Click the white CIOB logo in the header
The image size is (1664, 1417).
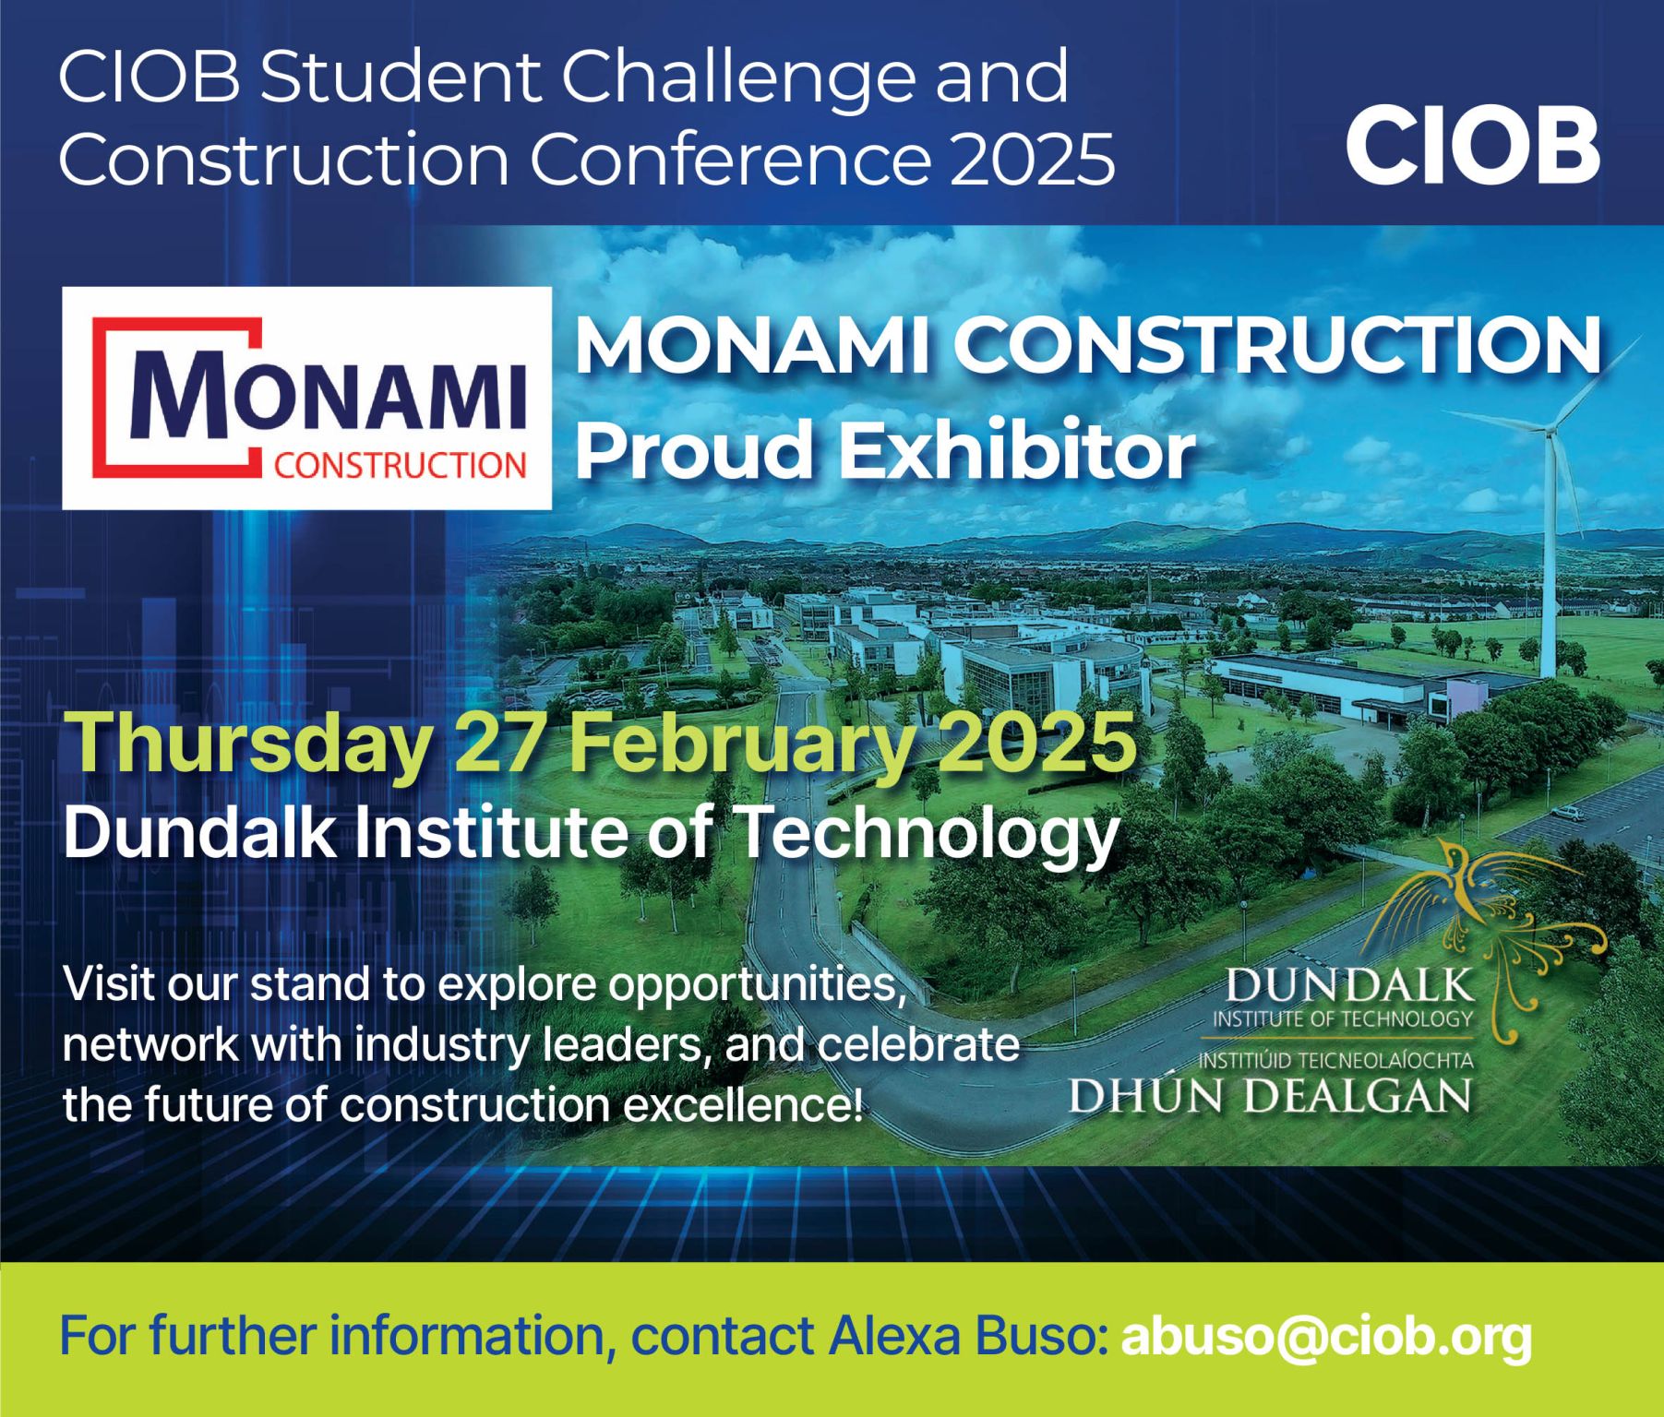coord(1472,146)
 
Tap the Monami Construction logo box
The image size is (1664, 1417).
coord(306,398)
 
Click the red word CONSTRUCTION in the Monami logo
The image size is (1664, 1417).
coord(400,465)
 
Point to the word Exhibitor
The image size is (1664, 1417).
coord(1015,451)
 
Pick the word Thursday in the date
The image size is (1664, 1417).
coord(249,744)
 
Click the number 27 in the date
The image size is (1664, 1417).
coord(497,744)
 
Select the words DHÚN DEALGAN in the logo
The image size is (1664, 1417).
coord(1270,1095)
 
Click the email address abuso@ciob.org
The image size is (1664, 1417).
coord(1325,1337)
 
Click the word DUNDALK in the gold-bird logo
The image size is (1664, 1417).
coord(1348,986)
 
